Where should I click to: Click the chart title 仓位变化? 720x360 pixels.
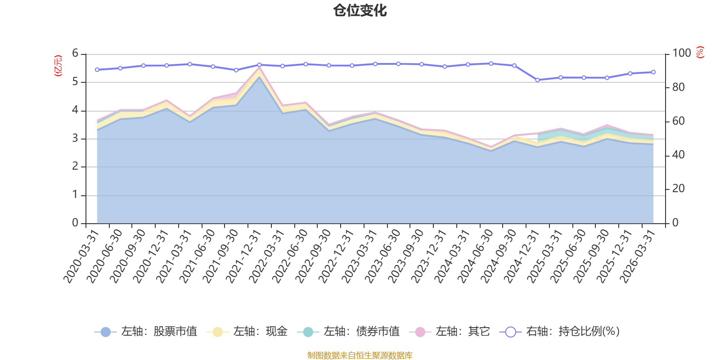click(x=360, y=10)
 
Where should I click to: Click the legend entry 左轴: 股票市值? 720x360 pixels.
click(x=146, y=332)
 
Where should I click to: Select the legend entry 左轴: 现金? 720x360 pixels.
click(x=247, y=332)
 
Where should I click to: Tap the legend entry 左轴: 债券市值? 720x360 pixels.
click(x=348, y=332)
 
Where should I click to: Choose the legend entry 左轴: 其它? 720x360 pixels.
click(x=450, y=332)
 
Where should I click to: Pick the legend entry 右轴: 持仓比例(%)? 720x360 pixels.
click(x=560, y=332)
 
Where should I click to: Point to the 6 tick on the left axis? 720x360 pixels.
click(x=75, y=54)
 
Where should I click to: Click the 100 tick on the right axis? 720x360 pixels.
click(x=681, y=53)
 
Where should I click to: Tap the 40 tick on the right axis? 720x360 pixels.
click(x=678, y=155)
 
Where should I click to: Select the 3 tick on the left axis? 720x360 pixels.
click(x=75, y=139)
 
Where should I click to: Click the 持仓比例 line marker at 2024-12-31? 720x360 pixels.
click(x=537, y=80)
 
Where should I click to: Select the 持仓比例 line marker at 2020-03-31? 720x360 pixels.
click(x=97, y=70)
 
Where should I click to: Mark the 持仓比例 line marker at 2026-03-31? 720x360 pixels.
click(x=653, y=72)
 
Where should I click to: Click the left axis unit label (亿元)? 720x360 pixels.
click(x=58, y=66)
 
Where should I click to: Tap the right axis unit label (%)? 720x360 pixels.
click(x=700, y=52)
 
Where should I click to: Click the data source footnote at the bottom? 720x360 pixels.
click(x=360, y=355)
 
